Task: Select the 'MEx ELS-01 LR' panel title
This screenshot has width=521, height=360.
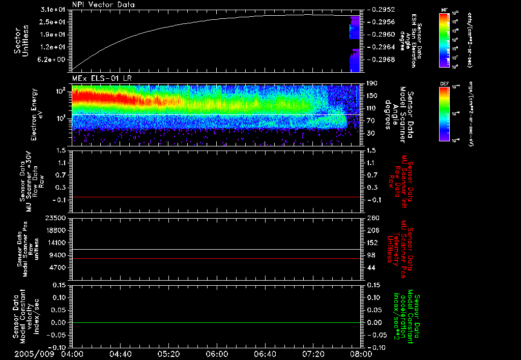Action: (97, 77)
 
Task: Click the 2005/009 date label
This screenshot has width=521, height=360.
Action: (33, 353)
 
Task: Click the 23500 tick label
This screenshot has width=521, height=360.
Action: (57, 218)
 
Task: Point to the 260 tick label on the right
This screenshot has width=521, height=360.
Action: (370, 218)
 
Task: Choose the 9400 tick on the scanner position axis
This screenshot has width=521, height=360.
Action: (60, 255)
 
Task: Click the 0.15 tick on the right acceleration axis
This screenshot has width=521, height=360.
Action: (371, 285)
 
